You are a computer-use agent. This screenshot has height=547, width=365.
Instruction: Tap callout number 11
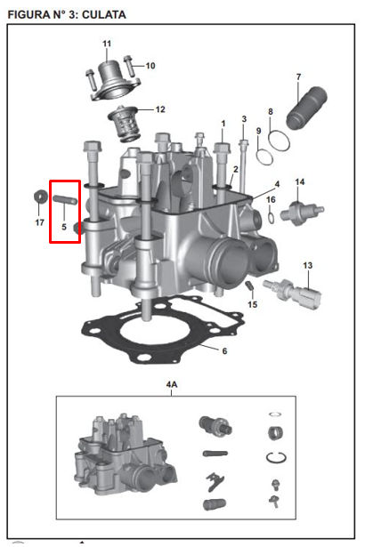[107, 44]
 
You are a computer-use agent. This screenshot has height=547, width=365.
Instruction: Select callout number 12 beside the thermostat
[160, 109]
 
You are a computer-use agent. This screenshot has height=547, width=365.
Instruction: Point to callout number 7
[298, 76]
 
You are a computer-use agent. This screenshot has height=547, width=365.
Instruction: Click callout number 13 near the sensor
[308, 266]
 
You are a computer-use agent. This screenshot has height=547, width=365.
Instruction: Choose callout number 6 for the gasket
[224, 350]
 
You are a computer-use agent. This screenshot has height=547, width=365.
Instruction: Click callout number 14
[300, 182]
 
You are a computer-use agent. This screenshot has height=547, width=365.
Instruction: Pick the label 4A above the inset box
[172, 384]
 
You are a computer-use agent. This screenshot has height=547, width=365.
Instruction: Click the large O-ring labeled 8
[279, 141]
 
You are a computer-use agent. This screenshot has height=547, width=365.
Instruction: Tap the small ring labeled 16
[270, 216]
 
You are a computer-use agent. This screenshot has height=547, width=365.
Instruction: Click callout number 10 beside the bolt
[150, 65]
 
